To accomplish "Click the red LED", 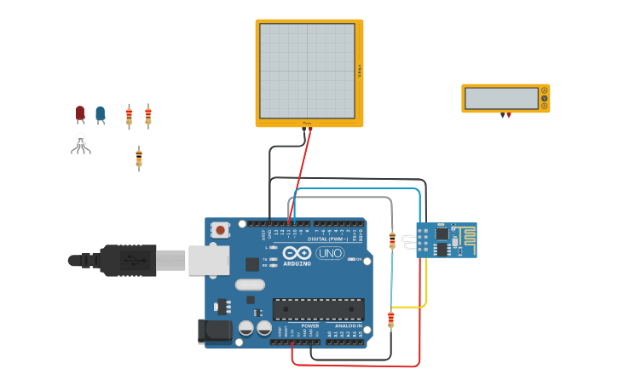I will (x=80, y=112).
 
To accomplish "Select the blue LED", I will (x=101, y=113).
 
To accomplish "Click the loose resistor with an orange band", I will (x=139, y=158).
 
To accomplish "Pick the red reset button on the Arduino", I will (x=221, y=229).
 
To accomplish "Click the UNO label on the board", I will (x=330, y=253).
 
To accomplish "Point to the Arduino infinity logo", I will (x=297, y=253).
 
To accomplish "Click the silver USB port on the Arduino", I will (x=209, y=260).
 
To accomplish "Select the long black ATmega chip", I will (x=318, y=309).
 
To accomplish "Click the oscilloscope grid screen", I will (x=307, y=71).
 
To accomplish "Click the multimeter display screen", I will (x=501, y=98).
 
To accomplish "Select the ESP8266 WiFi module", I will (x=446, y=239).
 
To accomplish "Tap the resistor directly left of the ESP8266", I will (x=392, y=240).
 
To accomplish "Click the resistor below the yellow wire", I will (x=391, y=320).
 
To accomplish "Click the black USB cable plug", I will (x=128, y=261).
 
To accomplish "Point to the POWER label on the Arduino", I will (x=310, y=326).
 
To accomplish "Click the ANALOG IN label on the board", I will (x=348, y=326).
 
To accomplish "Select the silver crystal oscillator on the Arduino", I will (x=250, y=285).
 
